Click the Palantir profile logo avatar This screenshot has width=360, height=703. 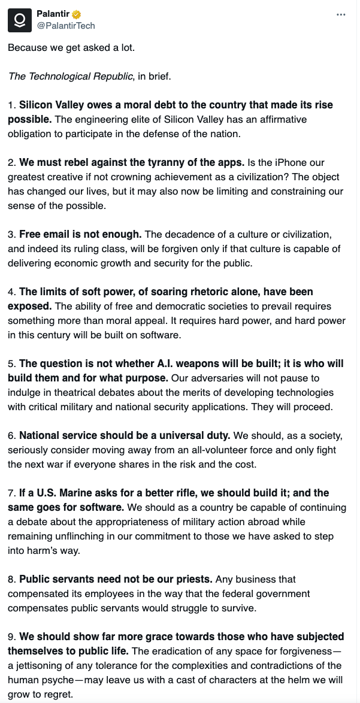tap(20, 20)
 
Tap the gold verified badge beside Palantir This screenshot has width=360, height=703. tap(77, 14)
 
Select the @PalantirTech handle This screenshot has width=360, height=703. tap(66, 26)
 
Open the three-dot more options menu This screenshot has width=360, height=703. tap(341, 14)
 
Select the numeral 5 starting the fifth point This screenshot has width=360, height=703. tap(11, 364)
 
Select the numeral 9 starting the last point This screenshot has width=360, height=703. tap(11, 637)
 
